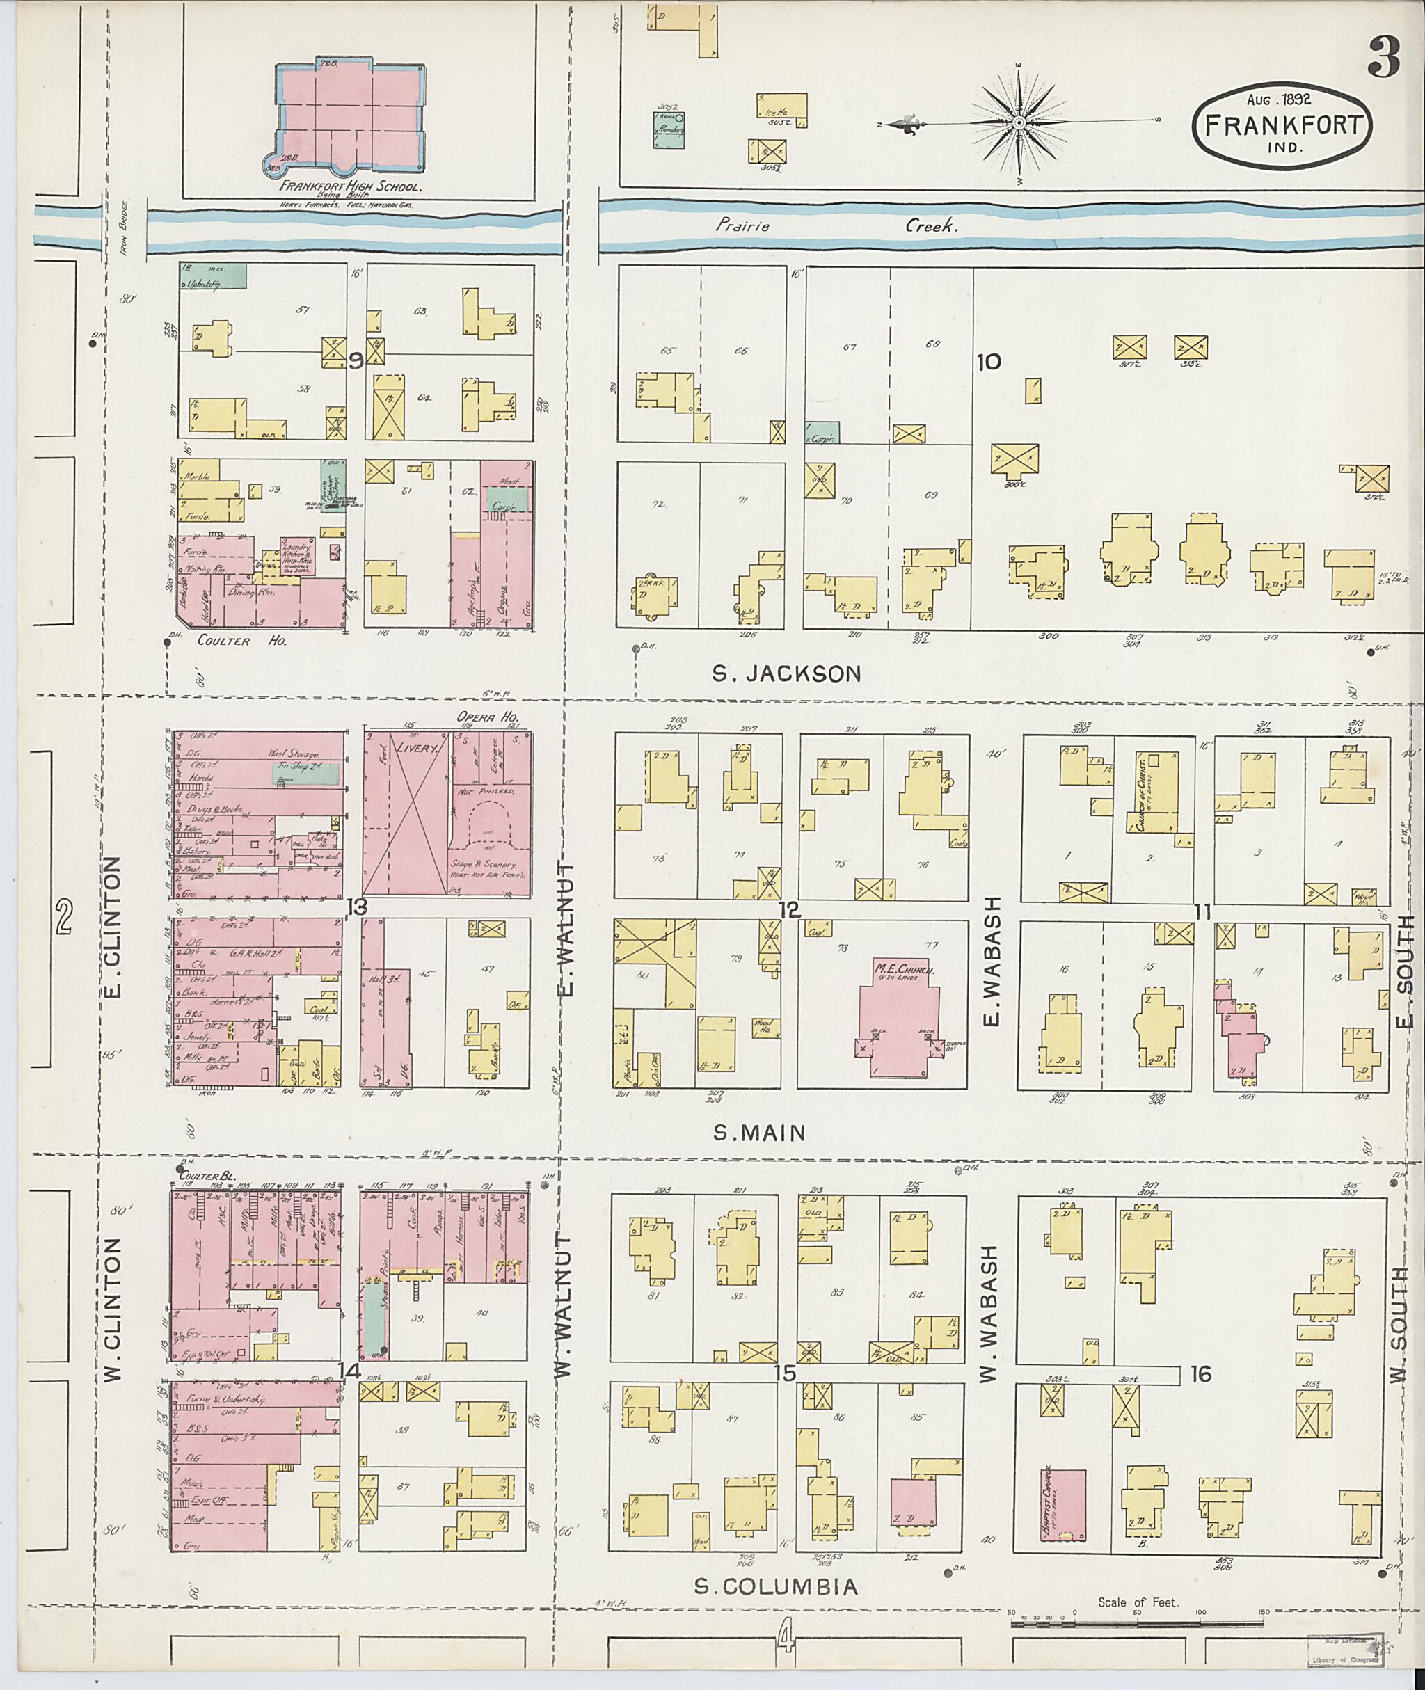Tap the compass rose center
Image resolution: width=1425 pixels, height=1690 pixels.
click(1019, 122)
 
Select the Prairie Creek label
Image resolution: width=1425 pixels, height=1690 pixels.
click(835, 227)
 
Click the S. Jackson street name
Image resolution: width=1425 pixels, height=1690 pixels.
click(787, 673)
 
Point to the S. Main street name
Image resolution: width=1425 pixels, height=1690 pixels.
click(759, 1133)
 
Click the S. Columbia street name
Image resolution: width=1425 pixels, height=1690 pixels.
click(777, 1588)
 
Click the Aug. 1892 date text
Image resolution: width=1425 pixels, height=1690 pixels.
click(1278, 99)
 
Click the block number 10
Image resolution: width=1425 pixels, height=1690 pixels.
click(989, 361)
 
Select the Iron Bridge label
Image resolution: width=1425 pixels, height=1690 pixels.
click(125, 225)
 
